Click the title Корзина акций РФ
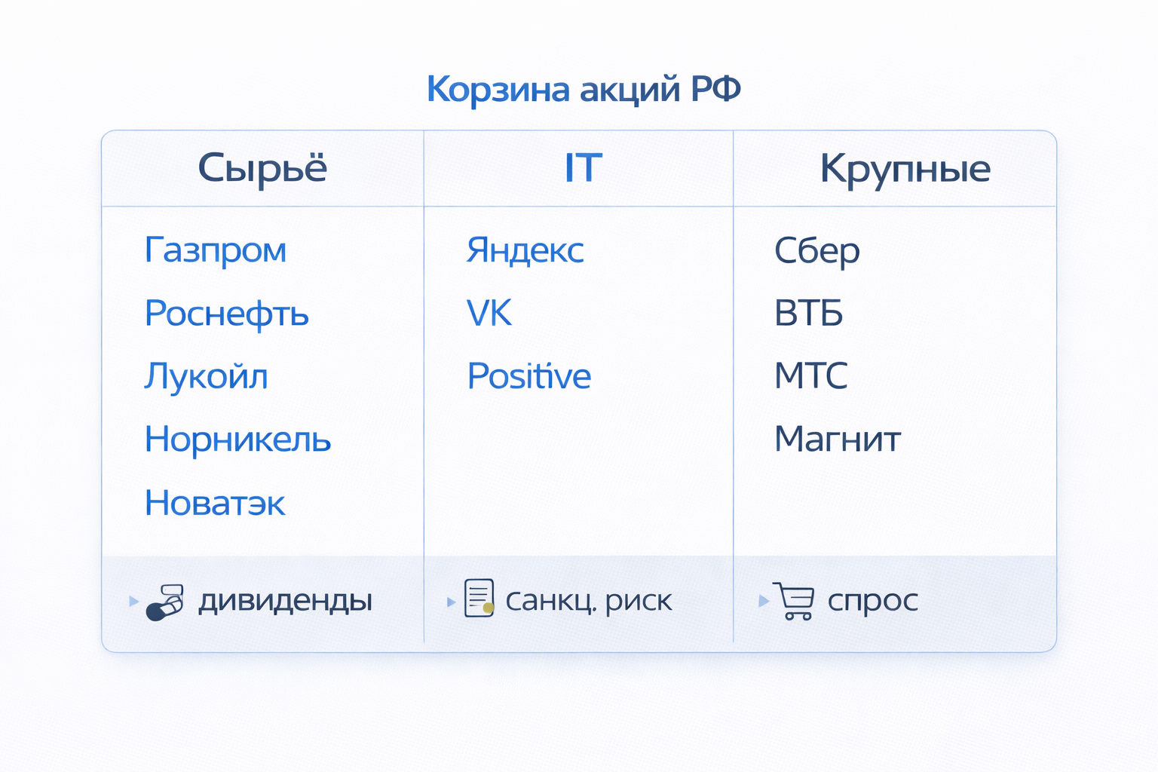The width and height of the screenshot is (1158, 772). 584,89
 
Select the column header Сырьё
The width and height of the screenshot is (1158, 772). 262,168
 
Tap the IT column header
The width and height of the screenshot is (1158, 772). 583,168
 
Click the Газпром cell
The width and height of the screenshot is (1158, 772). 216,250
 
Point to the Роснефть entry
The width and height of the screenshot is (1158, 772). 227,314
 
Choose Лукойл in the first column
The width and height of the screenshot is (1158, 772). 206,376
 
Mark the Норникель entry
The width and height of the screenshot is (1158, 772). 237,440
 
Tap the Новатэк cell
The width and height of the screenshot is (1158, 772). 215,503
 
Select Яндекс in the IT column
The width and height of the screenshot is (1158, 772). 525,250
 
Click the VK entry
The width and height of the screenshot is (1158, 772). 489,314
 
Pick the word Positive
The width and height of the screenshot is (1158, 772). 528,376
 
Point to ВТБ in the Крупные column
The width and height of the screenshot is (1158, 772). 808,314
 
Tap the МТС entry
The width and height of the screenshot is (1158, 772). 810,376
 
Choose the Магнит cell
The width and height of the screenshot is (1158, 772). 837,440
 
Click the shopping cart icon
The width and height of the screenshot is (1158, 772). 794,600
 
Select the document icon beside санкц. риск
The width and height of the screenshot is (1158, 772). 479,599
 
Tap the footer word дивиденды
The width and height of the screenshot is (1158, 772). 285,601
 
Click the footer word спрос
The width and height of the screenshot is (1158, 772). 872,602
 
